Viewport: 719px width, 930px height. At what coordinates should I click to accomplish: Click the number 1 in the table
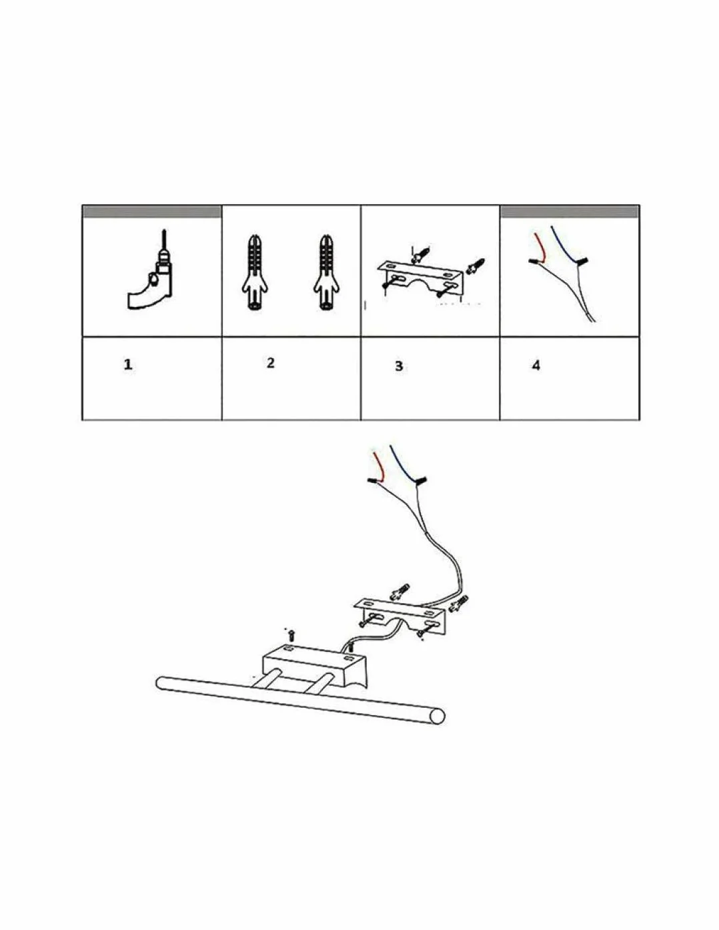[x=128, y=365]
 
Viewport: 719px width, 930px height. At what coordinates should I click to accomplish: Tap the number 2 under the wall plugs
[x=270, y=363]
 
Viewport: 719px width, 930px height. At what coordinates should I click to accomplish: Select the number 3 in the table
[x=399, y=366]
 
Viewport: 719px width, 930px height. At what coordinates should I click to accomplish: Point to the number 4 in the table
[x=536, y=365]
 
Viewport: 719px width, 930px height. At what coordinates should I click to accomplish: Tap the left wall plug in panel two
[x=255, y=273]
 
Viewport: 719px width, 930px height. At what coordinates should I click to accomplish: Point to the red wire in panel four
[x=540, y=248]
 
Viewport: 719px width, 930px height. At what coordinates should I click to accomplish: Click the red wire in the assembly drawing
[x=380, y=466]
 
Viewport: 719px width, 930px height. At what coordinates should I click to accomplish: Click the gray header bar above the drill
[x=152, y=212]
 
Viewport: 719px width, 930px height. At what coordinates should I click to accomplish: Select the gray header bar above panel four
[x=570, y=212]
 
